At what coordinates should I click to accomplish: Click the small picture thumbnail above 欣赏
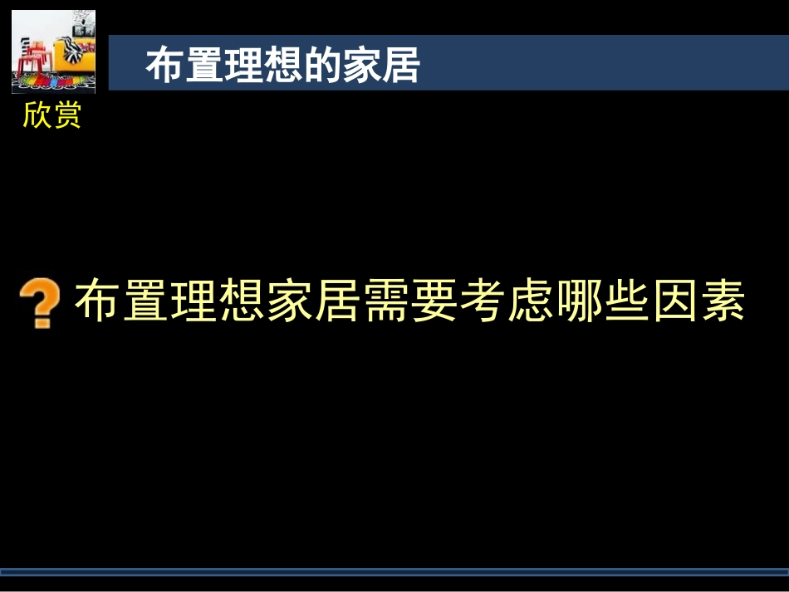pyautogui.click(x=53, y=52)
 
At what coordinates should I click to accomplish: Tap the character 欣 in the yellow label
pyautogui.click(x=37, y=115)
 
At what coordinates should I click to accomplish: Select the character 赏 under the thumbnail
pyautogui.click(x=67, y=115)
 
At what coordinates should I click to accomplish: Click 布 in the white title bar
pyautogui.click(x=165, y=65)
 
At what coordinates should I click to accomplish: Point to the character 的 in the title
pyautogui.click(x=321, y=65)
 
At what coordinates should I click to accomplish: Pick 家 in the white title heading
pyautogui.click(x=361, y=65)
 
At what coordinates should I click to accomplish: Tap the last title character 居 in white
pyautogui.click(x=400, y=65)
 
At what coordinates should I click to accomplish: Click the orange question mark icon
pyautogui.click(x=40, y=303)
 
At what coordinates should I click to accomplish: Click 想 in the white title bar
pyautogui.click(x=282, y=65)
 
